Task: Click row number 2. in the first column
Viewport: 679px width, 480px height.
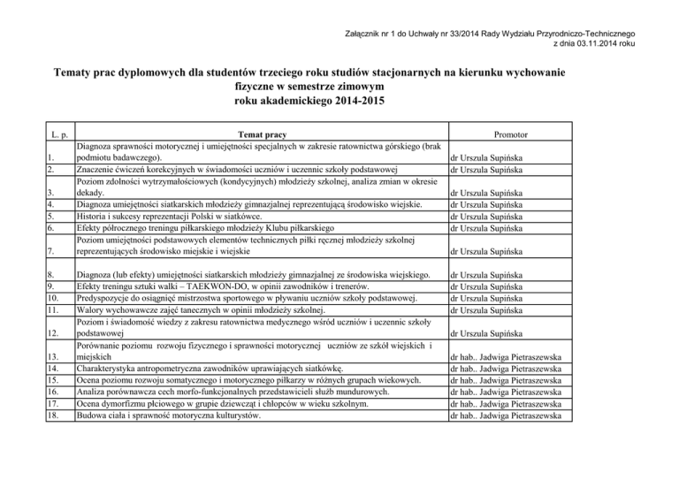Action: coord(57,170)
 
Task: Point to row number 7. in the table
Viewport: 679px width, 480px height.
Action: coord(57,253)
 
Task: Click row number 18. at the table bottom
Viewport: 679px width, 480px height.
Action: coord(59,415)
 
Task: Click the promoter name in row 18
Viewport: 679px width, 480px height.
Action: coord(507,415)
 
